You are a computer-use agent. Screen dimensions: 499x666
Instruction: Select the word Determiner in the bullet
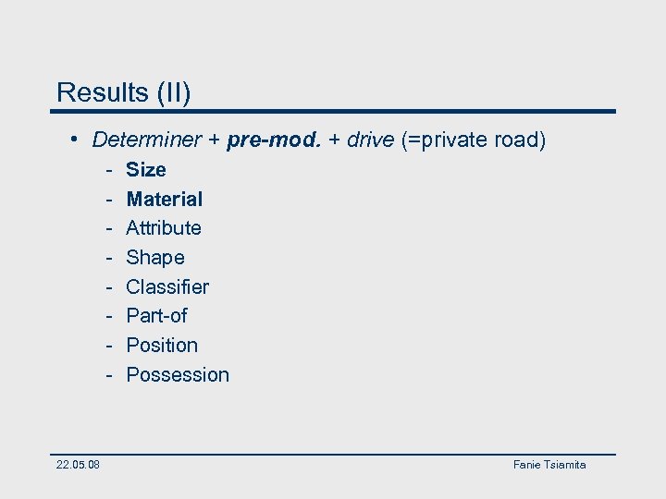pyautogui.click(x=146, y=140)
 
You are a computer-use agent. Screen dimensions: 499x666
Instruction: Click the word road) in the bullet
pyautogui.click(x=522, y=140)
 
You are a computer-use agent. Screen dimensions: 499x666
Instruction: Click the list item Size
pyautogui.click(x=146, y=170)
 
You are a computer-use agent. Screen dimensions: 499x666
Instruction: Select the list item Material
pyautogui.click(x=165, y=199)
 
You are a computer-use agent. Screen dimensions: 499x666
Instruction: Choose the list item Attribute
pyautogui.click(x=164, y=228)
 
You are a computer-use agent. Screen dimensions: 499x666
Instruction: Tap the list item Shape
pyautogui.click(x=155, y=258)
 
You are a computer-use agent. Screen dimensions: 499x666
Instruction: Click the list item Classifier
pyautogui.click(x=167, y=287)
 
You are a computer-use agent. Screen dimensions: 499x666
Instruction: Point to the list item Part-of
pyautogui.click(x=156, y=316)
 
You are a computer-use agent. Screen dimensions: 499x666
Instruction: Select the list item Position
pyautogui.click(x=162, y=346)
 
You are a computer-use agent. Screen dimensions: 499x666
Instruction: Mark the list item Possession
pyautogui.click(x=178, y=375)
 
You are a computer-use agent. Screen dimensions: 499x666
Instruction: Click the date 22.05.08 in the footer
pyautogui.click(x=79, y=465)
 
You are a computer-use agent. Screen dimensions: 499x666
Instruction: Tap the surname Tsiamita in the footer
pyautogui.click(x=563, y=465)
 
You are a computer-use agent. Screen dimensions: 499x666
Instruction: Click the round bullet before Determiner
pyautogui.click(x=74, y=140)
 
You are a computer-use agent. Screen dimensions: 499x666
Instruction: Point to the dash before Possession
pyautogui.click(x=108, y=375)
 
